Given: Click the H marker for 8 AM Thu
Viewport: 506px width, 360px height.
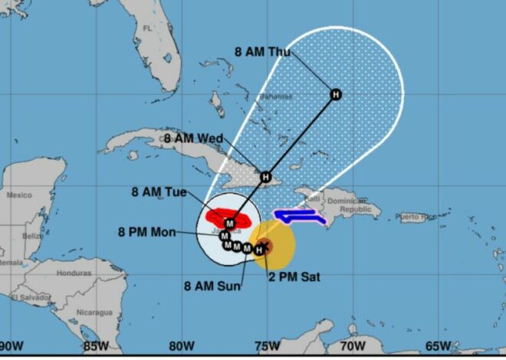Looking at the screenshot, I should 335,94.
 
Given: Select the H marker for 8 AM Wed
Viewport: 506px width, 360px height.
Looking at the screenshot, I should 266,177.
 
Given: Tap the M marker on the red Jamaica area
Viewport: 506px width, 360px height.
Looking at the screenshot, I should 228,223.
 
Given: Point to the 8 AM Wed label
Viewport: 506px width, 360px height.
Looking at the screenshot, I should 193,139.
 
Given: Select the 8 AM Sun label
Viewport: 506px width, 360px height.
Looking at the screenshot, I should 212,286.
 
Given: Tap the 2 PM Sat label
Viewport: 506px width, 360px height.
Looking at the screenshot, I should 293,275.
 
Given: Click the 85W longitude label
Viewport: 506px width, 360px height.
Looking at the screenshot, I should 96,346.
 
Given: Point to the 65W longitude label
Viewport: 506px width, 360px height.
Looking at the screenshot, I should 437,346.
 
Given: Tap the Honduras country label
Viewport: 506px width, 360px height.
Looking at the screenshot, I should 74,273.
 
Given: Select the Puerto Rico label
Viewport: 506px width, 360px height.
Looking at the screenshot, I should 419,218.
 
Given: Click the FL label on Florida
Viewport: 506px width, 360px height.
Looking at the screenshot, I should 147,28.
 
